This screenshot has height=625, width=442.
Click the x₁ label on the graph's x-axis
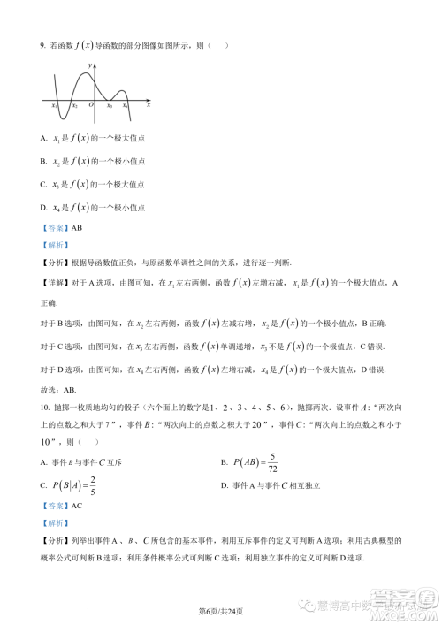pyautogui.click(x=55, y=106)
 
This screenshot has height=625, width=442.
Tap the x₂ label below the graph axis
pyautogui.click(x=74, y=106)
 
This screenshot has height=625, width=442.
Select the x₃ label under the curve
pyautogui.click(x=110, y=106)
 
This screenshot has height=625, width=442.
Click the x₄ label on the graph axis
pyautogui.click(x=126, y=106)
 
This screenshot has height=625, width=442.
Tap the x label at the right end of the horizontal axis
pyautogui.click(x=148, y=104)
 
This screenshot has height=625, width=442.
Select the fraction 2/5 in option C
pyautogui.click(x=93, y=484)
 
